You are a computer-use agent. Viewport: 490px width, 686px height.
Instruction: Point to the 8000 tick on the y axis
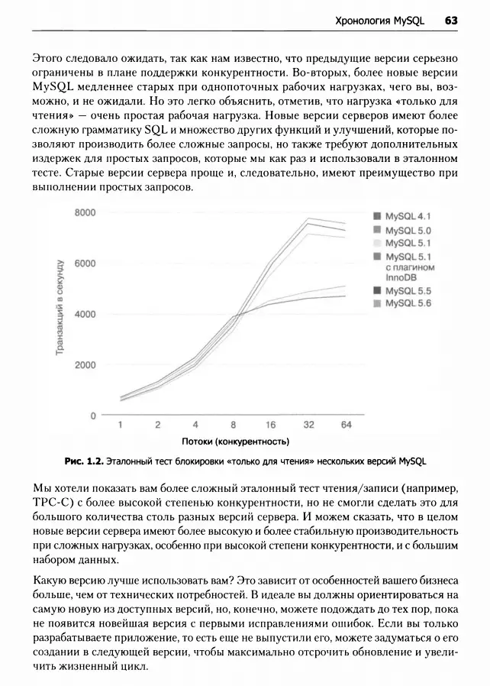click(x=86, y=212)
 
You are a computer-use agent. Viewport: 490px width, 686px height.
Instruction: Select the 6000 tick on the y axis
click(x=86, y=263)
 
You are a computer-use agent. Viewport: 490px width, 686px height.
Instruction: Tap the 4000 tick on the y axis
click(x=86, y=314)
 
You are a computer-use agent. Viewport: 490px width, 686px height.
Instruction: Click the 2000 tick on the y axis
click(x=86, y=364)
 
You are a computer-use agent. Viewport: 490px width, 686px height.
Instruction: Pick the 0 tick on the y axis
click(x=92, y=416)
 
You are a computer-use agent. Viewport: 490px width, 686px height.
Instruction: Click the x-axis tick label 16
click(x=271, y=425)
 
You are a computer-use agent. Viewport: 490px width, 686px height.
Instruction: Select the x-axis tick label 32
click(x=309, y=425)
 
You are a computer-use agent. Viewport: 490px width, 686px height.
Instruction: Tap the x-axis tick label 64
click(x=347, y=425)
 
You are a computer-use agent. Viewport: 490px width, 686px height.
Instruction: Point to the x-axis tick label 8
click(x=234, y=425)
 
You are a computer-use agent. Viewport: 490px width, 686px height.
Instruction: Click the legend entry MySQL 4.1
click(x=408, y=216)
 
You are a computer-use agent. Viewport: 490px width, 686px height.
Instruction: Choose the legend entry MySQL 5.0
click(x=408, y=230)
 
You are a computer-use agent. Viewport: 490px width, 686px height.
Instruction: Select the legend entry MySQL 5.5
click(x=408, y=291)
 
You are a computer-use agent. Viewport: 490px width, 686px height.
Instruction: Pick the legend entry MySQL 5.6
click(x=408, y=303)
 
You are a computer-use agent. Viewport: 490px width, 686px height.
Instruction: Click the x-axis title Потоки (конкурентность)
click(x=235, y=442)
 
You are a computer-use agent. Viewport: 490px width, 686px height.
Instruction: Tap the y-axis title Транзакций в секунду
click(x=60, y=307)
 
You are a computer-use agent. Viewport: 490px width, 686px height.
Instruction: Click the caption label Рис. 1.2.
click(x=83, y=461)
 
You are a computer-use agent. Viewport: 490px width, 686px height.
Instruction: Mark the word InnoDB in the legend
click(x=401, y=278)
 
